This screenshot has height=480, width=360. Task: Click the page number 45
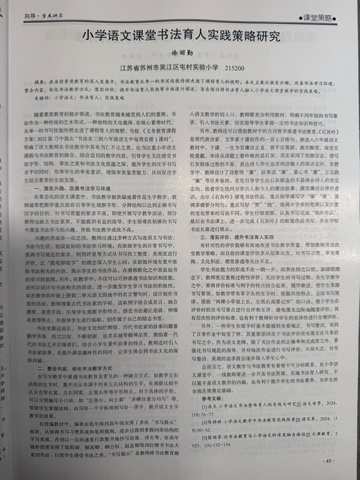[x=329, y=461]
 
